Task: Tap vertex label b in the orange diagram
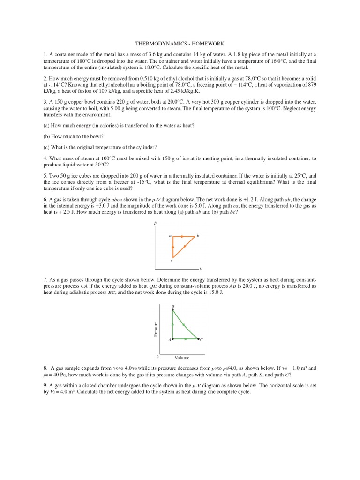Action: click(x=198, y=235)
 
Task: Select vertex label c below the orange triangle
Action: click(x=171, y=261)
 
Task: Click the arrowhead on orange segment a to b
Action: click(x=182, y=237)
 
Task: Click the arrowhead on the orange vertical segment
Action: click(x=173, y=246)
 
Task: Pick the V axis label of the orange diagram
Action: click(x=201, y=269)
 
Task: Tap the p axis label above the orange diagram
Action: click(x=155, y=224)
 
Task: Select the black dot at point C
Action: click(x=198, y=338)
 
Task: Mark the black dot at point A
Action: click(x=173, y=338)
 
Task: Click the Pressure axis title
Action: click(x=155, y=328)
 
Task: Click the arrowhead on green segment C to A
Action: click(x=185, y=338)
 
